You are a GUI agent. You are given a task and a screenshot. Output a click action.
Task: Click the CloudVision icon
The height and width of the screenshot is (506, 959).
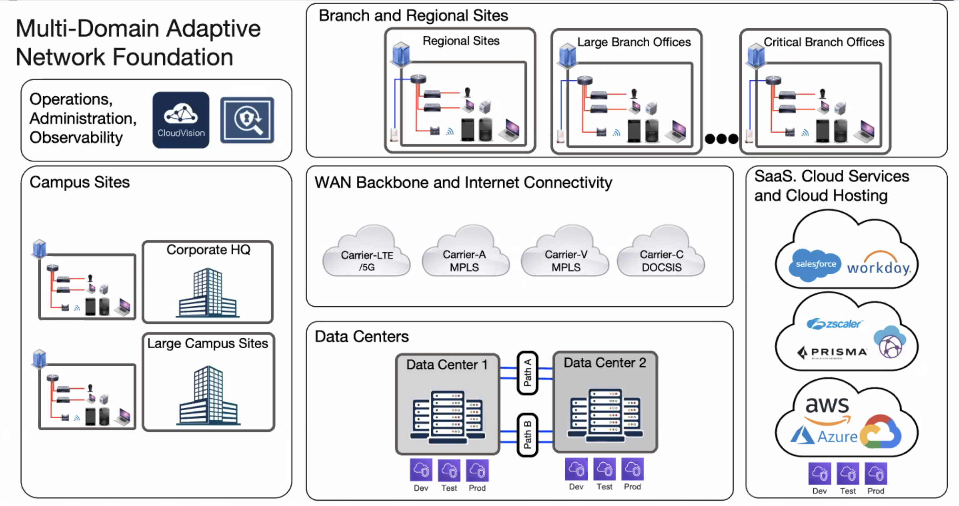181,120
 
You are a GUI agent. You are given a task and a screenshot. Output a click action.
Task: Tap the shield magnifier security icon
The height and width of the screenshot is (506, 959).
247,120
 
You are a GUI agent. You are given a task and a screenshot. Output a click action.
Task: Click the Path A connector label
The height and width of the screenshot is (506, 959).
527,373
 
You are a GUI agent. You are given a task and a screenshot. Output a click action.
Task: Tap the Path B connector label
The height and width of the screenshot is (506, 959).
527,435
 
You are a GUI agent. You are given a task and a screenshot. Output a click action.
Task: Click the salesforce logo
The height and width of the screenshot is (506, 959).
815,265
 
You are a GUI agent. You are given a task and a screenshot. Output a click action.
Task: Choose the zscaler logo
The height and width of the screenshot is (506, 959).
834,324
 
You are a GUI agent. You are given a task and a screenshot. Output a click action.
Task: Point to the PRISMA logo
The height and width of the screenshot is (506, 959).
832,352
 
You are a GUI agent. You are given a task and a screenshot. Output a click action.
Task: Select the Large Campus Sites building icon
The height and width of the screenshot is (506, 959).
208,395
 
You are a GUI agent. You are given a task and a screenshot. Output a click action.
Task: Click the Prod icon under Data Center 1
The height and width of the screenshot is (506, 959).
477,470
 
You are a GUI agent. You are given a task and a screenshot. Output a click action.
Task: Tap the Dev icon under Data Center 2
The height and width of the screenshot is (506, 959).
576,469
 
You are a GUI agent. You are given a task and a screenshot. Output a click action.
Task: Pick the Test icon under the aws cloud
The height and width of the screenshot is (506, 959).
847,474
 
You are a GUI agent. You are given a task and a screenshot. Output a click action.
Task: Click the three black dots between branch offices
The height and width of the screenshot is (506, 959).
721,139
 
